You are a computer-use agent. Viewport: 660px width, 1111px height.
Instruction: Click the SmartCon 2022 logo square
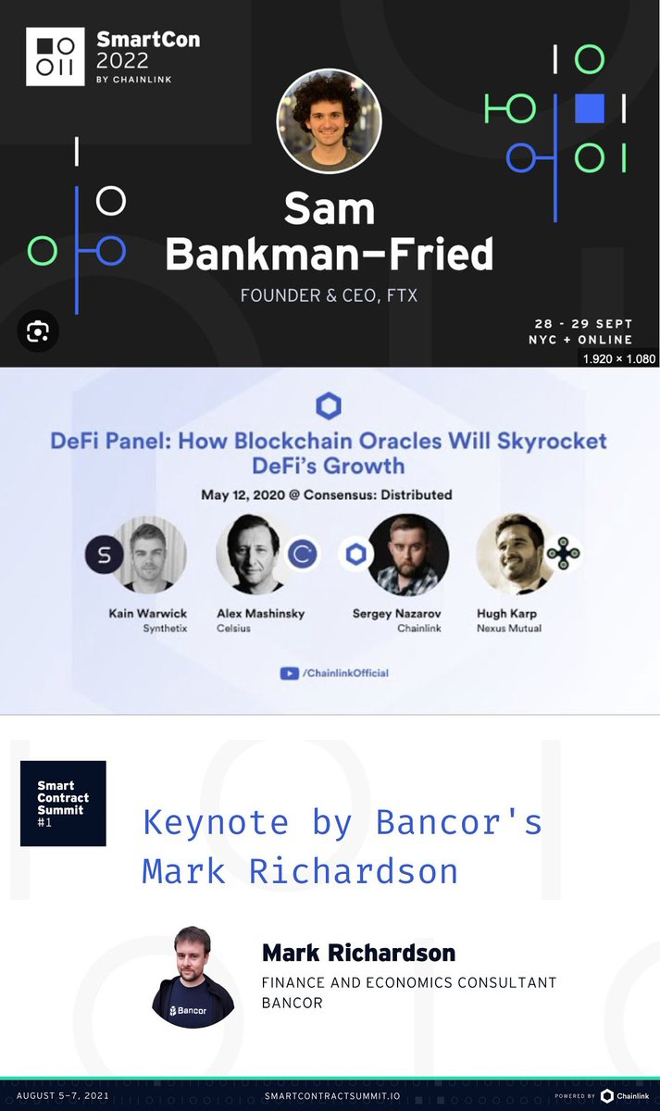pyautogui.click(x=56, y=56)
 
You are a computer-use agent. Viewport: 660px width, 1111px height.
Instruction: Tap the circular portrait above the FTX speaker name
pyautogui.click(x=329, y=120)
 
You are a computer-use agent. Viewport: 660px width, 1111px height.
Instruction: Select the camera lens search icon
pyautogui.click(x=38, y=331)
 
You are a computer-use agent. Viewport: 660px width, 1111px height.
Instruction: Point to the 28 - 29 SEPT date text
pyautogui.click(x=583, y=323)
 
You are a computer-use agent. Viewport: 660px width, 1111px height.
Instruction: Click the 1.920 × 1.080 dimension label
pyautogui.click(x=618, y=357)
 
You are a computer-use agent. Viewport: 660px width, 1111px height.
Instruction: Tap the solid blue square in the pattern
pyautogui.click(x=589, y=109)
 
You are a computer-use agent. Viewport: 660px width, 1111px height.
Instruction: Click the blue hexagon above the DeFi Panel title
pyautogui.click(x=329, y=406)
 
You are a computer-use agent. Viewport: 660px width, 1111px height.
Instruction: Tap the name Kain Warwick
pyautogui.click(x=147, y=613)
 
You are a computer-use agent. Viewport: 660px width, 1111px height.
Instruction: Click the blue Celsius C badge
pyautogui.click(x=302, y=554)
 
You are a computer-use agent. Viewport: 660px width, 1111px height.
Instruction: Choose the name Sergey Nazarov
pyautogui.click(x=396, y=613)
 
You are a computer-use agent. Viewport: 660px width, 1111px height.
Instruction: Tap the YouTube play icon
pyautogui.click(x=289, y=674)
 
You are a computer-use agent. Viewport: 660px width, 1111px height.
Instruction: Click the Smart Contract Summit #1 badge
pyautogui.click(x=63, y=803)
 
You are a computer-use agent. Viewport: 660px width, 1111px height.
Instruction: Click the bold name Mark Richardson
pyautogui.click(x=358, y=953)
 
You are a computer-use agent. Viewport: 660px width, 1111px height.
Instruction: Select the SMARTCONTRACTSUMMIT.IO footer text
pyautogui.click(x=331, y=1095)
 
